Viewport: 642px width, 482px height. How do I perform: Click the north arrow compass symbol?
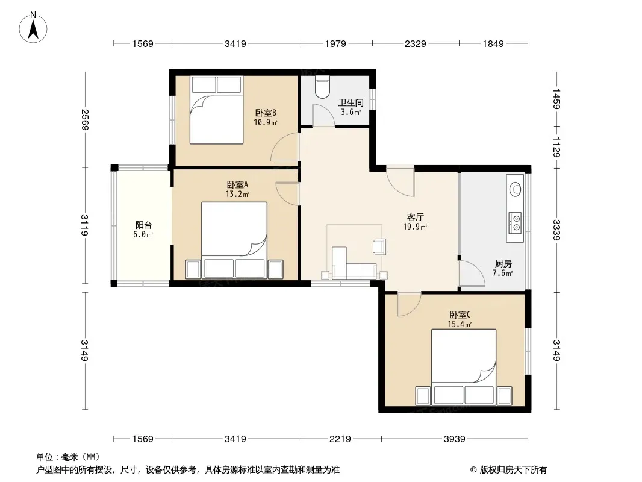33,28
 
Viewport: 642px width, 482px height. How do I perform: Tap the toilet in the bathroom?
323,88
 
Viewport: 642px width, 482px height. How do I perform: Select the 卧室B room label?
266,113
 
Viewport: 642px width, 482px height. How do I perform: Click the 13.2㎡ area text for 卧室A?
237,194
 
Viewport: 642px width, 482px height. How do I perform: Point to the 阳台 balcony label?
143,225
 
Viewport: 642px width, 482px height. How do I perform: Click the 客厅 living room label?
415,217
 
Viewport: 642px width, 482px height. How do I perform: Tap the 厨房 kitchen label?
503,263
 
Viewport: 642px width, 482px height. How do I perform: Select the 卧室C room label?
460,315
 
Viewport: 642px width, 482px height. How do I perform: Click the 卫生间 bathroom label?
351,102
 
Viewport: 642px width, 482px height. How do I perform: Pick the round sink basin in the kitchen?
515,189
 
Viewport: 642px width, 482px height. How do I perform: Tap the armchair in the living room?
379,246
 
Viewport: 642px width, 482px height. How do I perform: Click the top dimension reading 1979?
335,43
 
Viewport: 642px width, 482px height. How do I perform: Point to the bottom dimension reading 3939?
455,439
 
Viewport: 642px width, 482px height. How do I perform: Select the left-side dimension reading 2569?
85,119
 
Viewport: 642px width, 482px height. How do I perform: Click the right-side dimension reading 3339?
556,230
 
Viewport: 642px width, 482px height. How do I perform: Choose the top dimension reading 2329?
415,43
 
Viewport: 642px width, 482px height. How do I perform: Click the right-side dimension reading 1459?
556,99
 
